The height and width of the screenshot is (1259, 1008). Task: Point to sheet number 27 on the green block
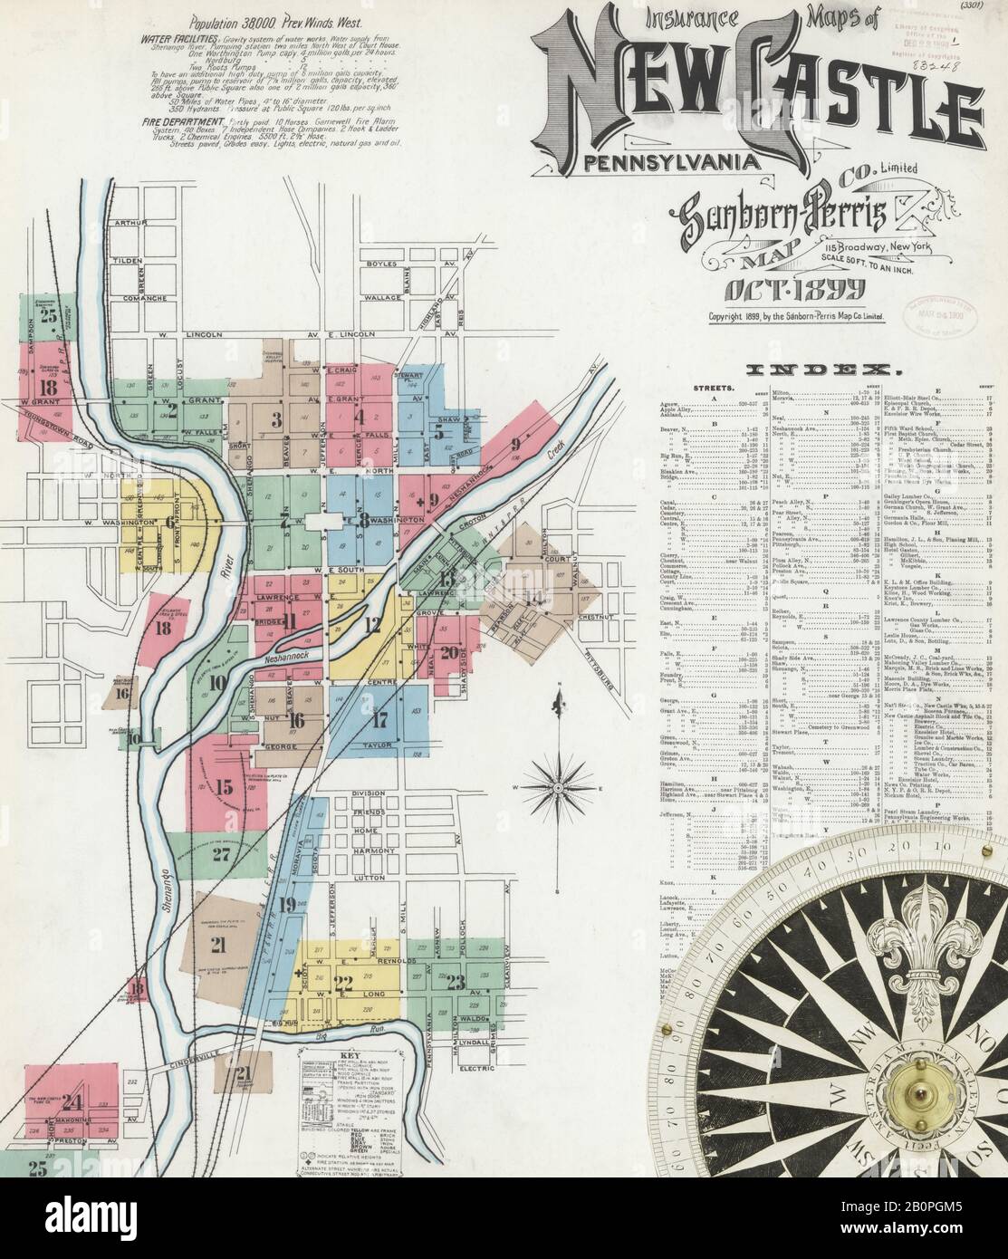[x=221, y=853]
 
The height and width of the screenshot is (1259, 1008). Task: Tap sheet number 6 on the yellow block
[x=169, y=521]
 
